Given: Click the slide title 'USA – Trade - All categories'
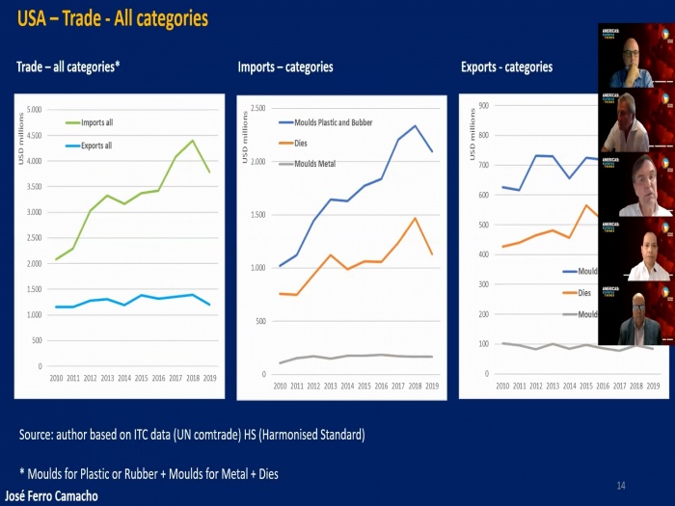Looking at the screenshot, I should [x=112, y=18].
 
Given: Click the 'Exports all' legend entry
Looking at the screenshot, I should [x=95, y=146].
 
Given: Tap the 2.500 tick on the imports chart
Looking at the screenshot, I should [x=257, y=108].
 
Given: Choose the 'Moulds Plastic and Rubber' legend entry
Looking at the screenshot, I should [x=325, y=122].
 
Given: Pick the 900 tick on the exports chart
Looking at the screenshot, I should [x=483, y=106].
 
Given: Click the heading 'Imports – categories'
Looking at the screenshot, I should [x=285, y=67].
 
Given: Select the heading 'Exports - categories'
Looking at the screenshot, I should [x=507, y=67].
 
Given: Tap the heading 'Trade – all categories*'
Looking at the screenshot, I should [x=67, y=67].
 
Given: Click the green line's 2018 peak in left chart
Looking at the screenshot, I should [x=192, y=141].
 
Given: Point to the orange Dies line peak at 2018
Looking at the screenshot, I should [x=415, y=218].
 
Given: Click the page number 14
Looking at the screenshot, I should [x=621, y=484].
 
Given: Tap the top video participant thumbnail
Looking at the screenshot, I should [x=635, y=57].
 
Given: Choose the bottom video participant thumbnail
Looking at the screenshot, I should [x=635, y=313].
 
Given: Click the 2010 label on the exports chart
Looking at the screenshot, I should [x=502, y=386].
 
